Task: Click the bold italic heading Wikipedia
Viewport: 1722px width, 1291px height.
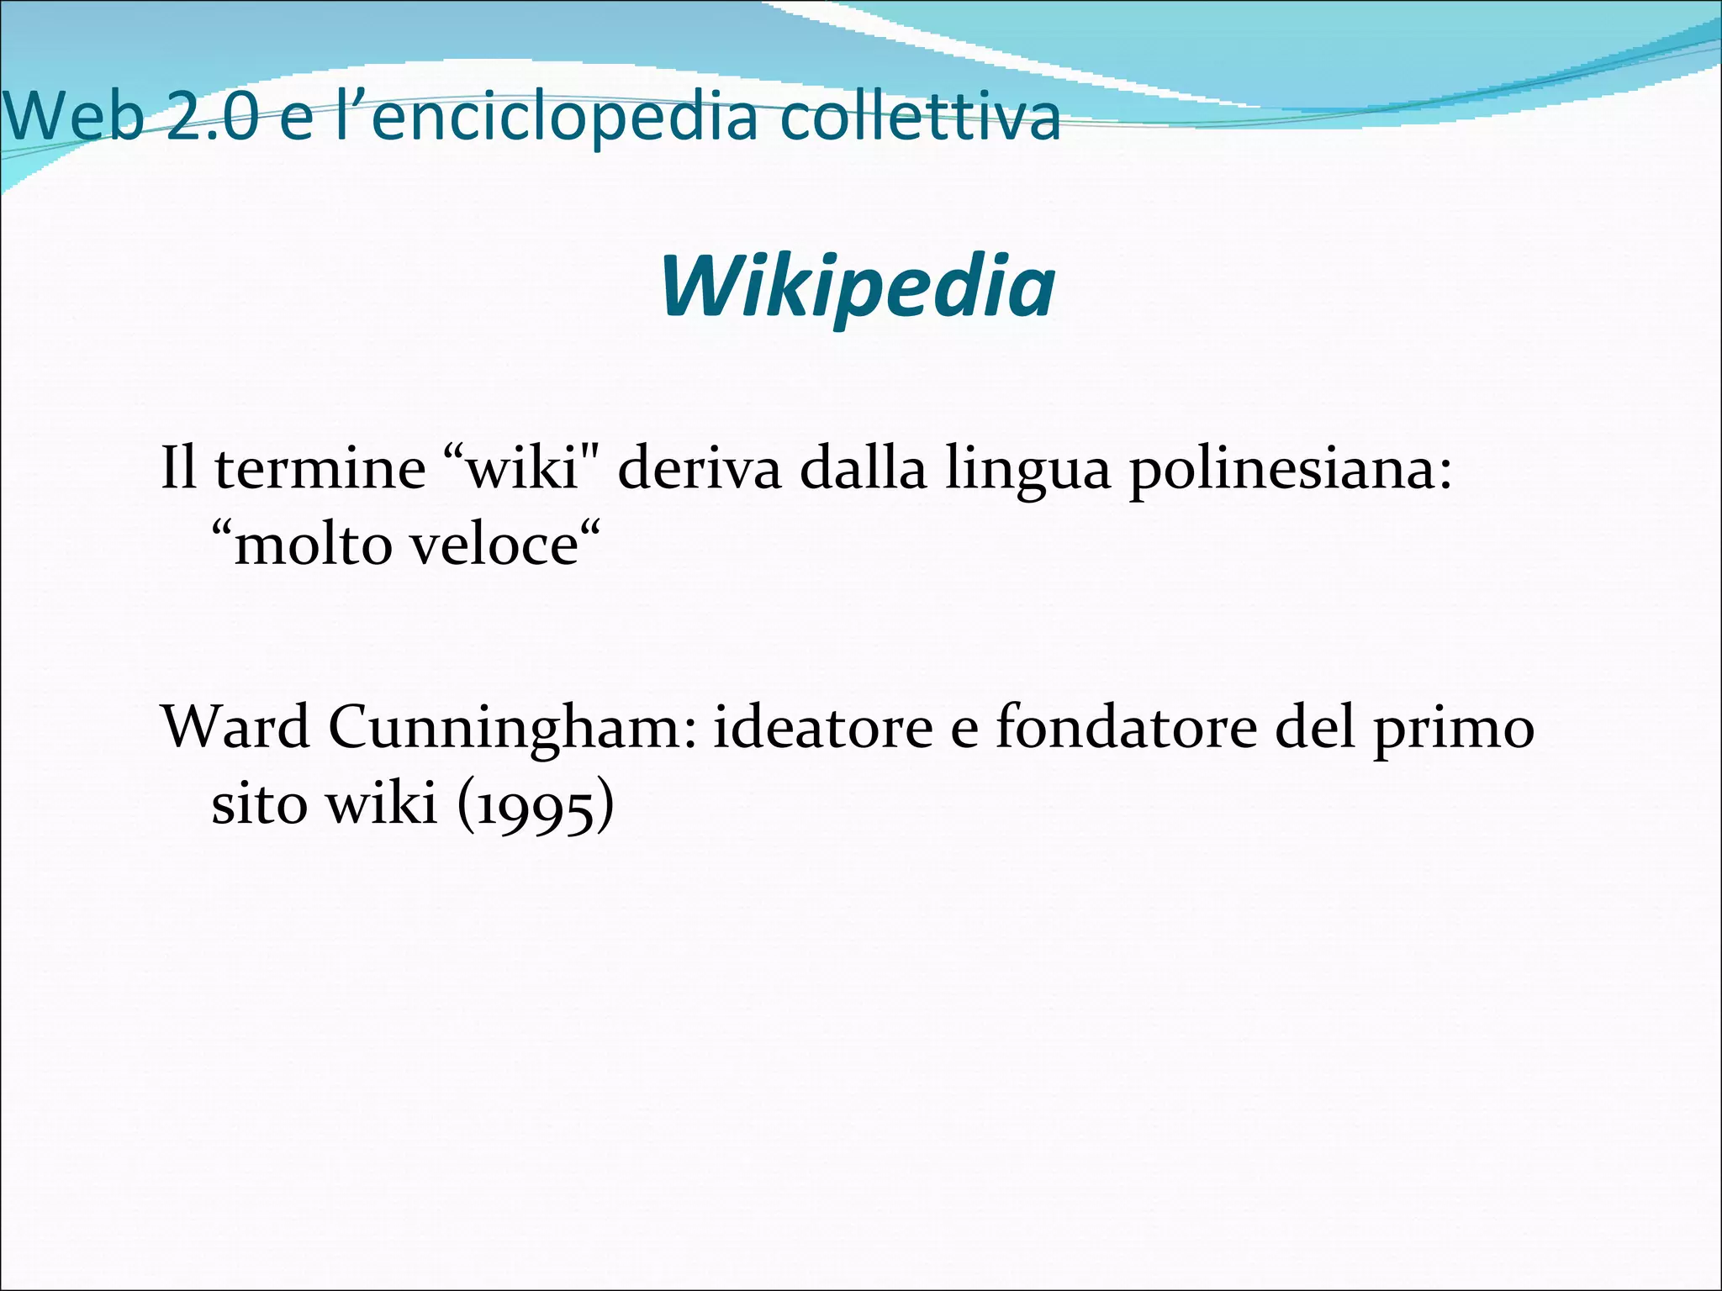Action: pyautogui.click(x=858, y=287)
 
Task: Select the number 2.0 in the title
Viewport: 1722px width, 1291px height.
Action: pyautogui.click(x=213, y=117)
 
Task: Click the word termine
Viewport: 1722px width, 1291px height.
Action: pyautogui.click(x=320, y=468)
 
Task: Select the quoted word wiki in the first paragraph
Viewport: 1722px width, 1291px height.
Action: pyautogui.click(x=521, y=468)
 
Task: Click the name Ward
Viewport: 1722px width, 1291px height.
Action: pyautogui.click(x=235, y=727)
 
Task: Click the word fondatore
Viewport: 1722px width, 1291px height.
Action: pyautogui.click(x=1127, y=727)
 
